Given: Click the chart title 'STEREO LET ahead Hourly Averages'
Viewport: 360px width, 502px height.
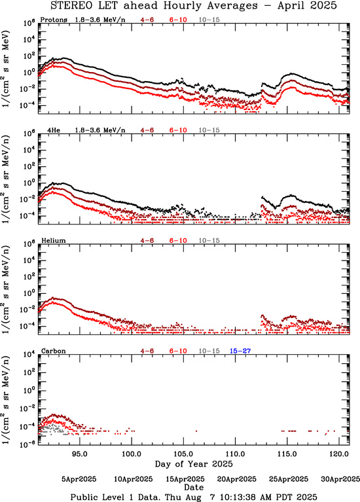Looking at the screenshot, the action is point(154,6).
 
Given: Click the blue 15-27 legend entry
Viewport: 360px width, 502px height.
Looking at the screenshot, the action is point(240,351).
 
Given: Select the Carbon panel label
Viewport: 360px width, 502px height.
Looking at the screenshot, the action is point(54,351).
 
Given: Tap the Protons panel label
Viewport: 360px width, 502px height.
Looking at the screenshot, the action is point(54,20).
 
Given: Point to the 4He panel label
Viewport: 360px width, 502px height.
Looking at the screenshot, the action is point(54,130).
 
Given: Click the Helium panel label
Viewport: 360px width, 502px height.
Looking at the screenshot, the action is point(54,240).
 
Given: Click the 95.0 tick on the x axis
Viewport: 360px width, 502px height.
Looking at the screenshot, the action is point(80,454).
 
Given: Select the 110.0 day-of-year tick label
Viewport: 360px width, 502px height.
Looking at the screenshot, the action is point(236,454).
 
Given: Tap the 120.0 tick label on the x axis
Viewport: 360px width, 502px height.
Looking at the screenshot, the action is point(340,454).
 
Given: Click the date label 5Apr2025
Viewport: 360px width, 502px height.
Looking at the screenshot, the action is point(79,479).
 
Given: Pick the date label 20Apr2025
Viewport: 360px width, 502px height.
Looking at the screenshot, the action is point(237,479).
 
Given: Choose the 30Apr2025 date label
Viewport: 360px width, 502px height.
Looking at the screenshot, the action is point(340,479).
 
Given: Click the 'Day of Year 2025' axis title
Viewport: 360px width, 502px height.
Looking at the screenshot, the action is point(194,464).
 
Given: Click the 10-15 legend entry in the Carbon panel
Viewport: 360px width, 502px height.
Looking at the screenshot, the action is point(209,351).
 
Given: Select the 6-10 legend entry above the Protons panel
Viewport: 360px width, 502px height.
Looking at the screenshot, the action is point(178,20).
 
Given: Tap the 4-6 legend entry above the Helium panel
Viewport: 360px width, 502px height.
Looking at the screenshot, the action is point(147,240).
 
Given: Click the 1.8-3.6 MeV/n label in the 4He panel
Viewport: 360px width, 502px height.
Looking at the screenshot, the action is point(100,130).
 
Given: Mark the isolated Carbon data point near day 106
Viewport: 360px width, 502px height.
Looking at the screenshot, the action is point(196,431).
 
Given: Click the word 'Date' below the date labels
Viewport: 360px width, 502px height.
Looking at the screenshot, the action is point(194,487).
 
